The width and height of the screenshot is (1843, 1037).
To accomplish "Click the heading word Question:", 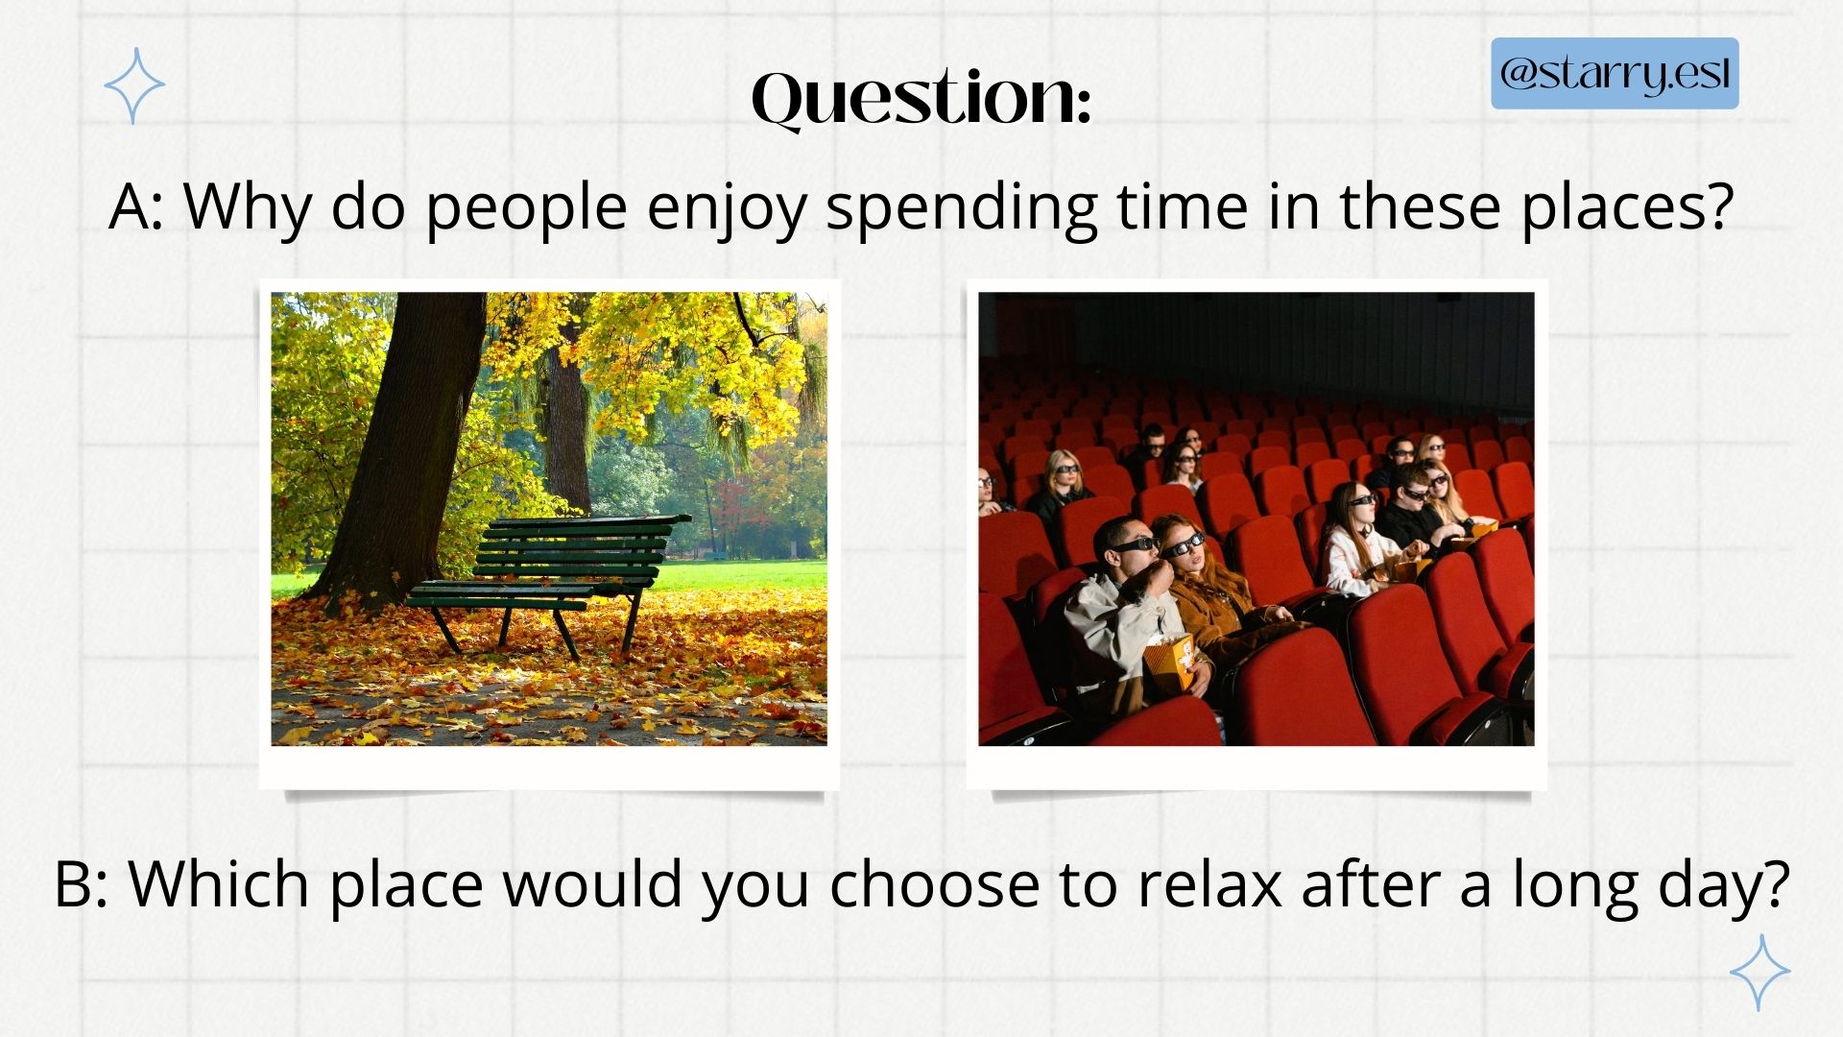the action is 921,98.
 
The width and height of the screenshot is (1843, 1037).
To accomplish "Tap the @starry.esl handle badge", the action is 1615,73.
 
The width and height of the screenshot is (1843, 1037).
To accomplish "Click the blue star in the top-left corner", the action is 134,85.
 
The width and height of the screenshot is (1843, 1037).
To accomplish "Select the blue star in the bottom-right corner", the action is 1759,973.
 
